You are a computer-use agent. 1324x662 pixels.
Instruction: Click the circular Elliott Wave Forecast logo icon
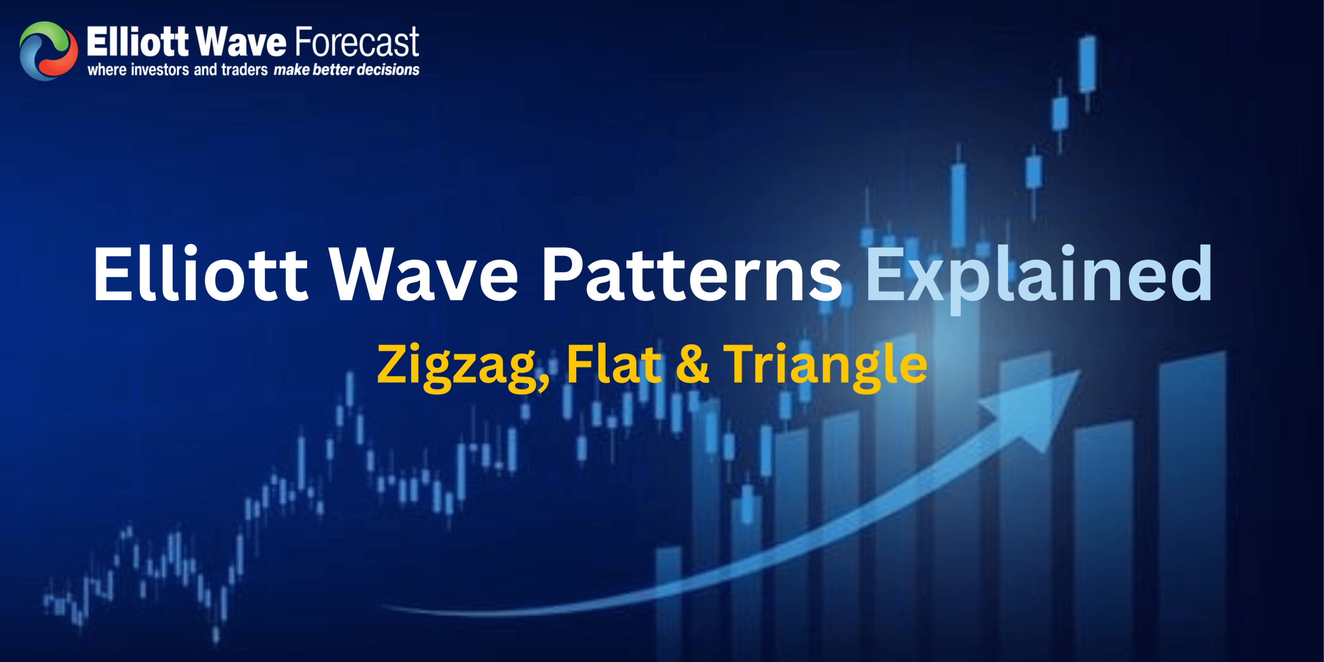pos(49,51)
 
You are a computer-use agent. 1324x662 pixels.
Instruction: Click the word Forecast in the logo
pos(357,42)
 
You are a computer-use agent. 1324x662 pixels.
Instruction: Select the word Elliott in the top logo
pos(138,42)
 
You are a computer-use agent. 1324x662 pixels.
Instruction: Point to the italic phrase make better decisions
pos(347,70)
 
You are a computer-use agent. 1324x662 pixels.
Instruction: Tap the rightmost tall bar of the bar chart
pos(1192,491)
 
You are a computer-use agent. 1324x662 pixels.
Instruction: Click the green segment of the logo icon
pos(44,32)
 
